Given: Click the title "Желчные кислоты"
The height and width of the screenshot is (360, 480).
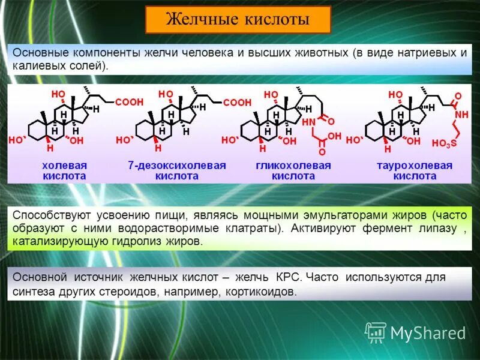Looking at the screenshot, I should click(x=238, y=20).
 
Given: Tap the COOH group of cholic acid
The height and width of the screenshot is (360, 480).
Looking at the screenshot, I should click(x=129, y=103).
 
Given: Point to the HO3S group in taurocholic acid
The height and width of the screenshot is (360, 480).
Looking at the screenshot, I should click(x=444, y=143).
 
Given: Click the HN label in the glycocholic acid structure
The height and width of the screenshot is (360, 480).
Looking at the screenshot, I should click(x=308, y=122).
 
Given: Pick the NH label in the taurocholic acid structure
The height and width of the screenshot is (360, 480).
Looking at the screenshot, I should click(x=461, y=114).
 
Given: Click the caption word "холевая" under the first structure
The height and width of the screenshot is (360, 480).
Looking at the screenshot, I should click(x=64, y=165).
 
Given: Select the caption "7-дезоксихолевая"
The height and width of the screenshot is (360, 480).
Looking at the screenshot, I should click(x=177, y=165).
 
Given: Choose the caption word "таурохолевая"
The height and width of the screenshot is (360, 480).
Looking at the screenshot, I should click(x=415, y=165).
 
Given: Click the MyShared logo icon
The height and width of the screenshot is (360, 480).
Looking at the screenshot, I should click(x=376, y=332).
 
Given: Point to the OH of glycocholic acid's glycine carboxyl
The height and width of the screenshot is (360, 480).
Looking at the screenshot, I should click(x=334, y=137).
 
